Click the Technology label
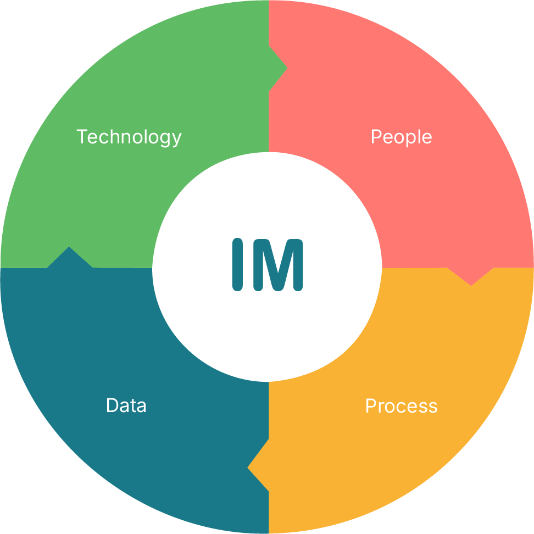coord(129,137)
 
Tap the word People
coord(401,137)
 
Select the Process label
coord(401,406)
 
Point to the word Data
coord(126,406)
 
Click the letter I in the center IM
coord(237,264)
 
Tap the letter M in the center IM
coord(278,264)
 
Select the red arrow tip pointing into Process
coord(471,281)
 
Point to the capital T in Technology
coord(81,136)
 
